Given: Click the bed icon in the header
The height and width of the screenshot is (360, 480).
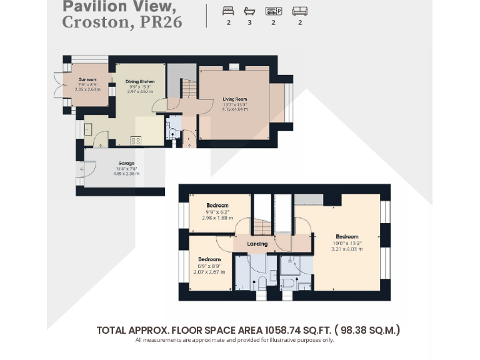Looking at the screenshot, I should tap(228, 11).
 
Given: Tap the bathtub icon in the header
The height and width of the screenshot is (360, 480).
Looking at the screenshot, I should tap(249, 11).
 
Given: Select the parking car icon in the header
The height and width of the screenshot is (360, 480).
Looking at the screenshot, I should tap(272, 11).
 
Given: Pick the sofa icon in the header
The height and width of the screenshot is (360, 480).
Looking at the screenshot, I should tap(300, 11).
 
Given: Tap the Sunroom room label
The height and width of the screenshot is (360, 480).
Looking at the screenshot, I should tap(87, 79).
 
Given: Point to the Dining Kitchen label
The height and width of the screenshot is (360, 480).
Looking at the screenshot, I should tap(140, 82).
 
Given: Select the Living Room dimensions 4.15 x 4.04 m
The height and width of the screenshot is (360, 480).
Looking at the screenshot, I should tap(235, 109).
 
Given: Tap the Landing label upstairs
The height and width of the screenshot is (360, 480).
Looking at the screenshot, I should tap(257, 244).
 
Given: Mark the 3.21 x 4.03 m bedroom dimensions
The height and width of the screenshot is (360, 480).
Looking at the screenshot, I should tap(347, 248).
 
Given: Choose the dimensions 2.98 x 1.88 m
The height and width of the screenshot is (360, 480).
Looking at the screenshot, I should tap(217, 217).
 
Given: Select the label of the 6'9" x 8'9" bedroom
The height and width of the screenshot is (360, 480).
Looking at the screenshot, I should tap(209, 259).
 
